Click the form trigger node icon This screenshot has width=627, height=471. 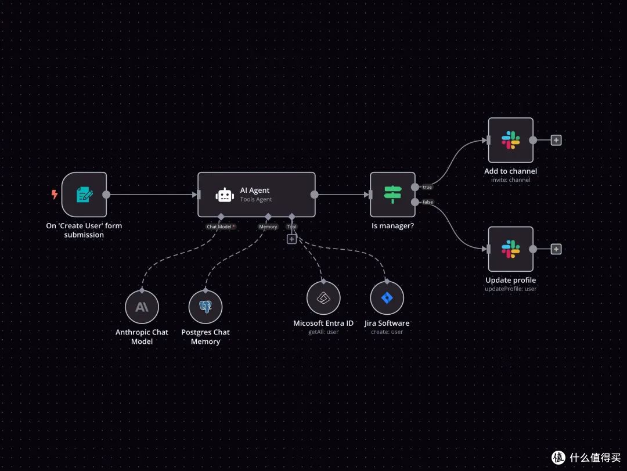pyautogui.click(x=84, y=195)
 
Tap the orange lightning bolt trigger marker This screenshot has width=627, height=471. pyautogui.click(x=55, y=195)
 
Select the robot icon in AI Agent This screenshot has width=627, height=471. pyautogui.click(x=225, y=195)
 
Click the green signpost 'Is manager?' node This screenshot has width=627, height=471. pyautogui.click(x=392, y=195)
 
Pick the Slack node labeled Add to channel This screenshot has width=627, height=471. pyautogui.click(x=511, y=141)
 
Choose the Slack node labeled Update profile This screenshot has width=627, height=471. pyautogui.click(x=511, y=249)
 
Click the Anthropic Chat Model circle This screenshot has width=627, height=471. pyautogui.click(x=142, y=307)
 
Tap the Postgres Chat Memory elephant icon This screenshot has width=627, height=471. pyautogui.click(x=206, y=307)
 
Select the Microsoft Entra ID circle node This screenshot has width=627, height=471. pyautogui.click(x=323, y=298)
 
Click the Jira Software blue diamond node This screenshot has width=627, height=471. pyautogui.click(x=387, y=298)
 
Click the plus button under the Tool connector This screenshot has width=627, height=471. pyautogui.click(x=292, y=239)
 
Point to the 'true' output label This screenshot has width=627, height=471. pyautogui.click(x=427, y=187)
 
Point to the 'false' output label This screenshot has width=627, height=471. pyautogui.click(x=428, y=202)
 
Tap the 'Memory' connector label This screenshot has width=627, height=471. pyautogui.click(x=268, y=226)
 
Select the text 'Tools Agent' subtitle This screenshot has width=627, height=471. pyautogui.click(x=256, y=199)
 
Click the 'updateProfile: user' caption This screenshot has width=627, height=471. pyautogui.click(x=511, y=289)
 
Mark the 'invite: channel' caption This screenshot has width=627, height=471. pyautogui.click(x=511, y=179)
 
